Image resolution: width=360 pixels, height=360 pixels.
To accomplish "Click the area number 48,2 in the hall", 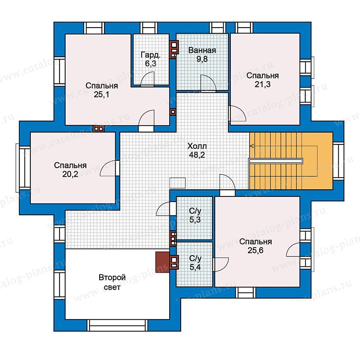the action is coord(197,155).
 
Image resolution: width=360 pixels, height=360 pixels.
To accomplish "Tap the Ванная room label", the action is coord(202,50).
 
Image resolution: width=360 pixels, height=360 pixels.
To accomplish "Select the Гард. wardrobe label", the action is coord(151,55).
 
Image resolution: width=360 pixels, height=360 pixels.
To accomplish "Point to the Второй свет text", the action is coord(112,282).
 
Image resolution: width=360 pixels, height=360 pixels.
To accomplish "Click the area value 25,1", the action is coord(101,94).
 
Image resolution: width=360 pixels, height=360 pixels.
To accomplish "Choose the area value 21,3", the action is coord(263,84).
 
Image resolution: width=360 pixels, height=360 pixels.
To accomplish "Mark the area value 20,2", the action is coord(70,174).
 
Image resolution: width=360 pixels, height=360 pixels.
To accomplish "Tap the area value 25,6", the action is coord(256,250).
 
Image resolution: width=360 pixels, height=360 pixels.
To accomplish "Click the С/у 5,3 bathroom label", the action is coord(195,215).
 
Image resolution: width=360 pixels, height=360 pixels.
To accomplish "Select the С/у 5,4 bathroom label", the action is coord(195,263).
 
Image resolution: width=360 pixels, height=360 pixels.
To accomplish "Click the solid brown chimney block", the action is coord(162,262).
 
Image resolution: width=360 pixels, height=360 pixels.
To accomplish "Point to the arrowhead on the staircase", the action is coord(252,146).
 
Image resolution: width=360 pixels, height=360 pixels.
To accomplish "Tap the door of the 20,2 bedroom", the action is coord(110,168).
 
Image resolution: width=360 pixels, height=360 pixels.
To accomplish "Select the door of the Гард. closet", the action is coord(147,79).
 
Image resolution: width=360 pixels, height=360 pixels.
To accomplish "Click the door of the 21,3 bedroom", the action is coord(238,113).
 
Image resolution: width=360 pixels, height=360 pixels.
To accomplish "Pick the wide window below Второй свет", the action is coord(118,325).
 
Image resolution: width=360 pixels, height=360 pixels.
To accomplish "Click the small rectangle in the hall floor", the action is coord(178,183).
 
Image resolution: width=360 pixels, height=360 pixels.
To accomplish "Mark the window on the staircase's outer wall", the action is coord(339,160).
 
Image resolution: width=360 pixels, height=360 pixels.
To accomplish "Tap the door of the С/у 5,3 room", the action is coord(166,209).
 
